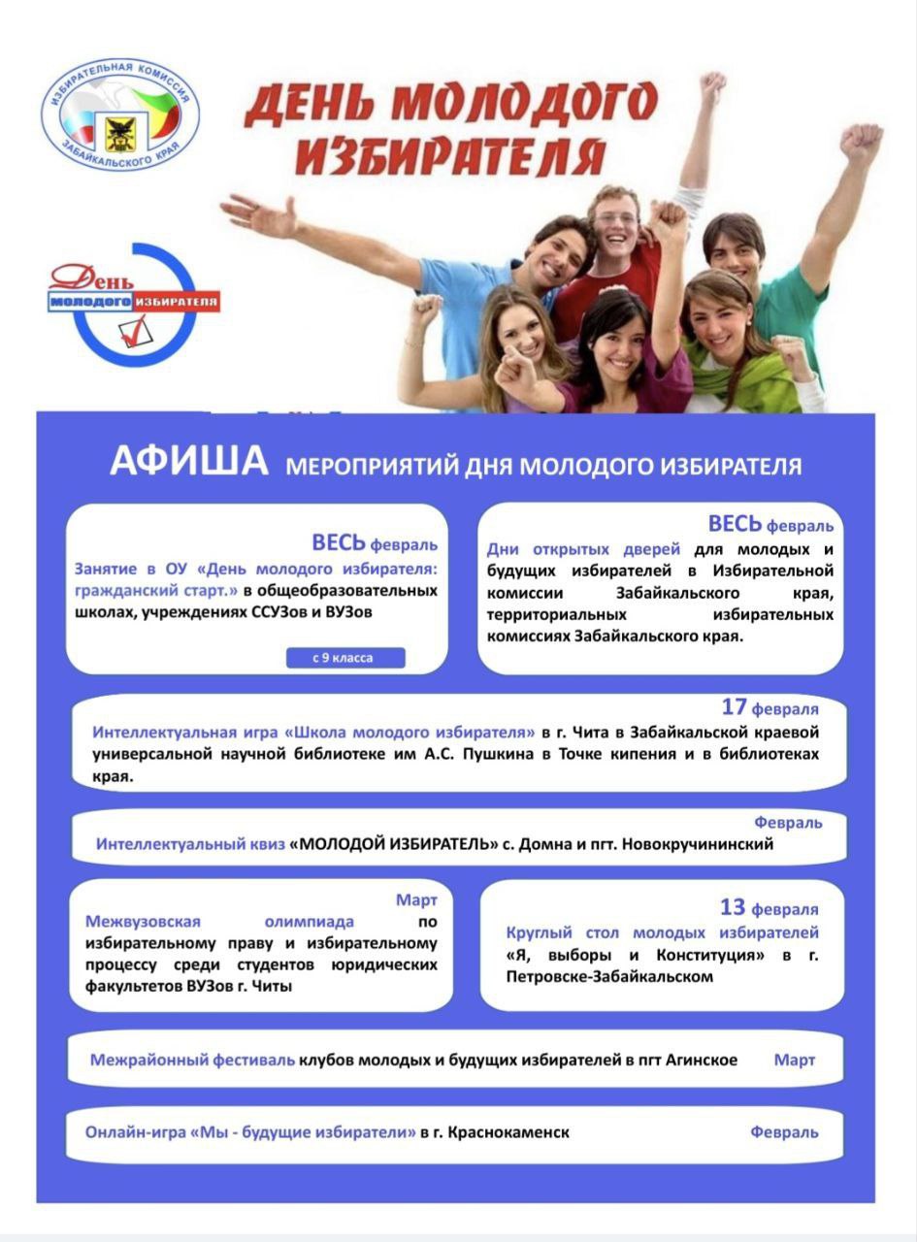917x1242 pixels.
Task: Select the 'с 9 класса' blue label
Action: [x=344, y=658]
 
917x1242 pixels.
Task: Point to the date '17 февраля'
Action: [x=770, y=707]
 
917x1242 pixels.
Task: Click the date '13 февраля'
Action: [x=769, y=908]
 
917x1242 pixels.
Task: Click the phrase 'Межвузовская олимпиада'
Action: [x=219, y=921]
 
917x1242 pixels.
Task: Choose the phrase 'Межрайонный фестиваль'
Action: [x=192, y=1060]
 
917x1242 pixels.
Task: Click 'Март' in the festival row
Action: [x=794, y=1060]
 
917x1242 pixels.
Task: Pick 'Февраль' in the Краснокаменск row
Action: [x=784, y=1132]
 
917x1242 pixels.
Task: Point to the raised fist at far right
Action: [x=862, y=144]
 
